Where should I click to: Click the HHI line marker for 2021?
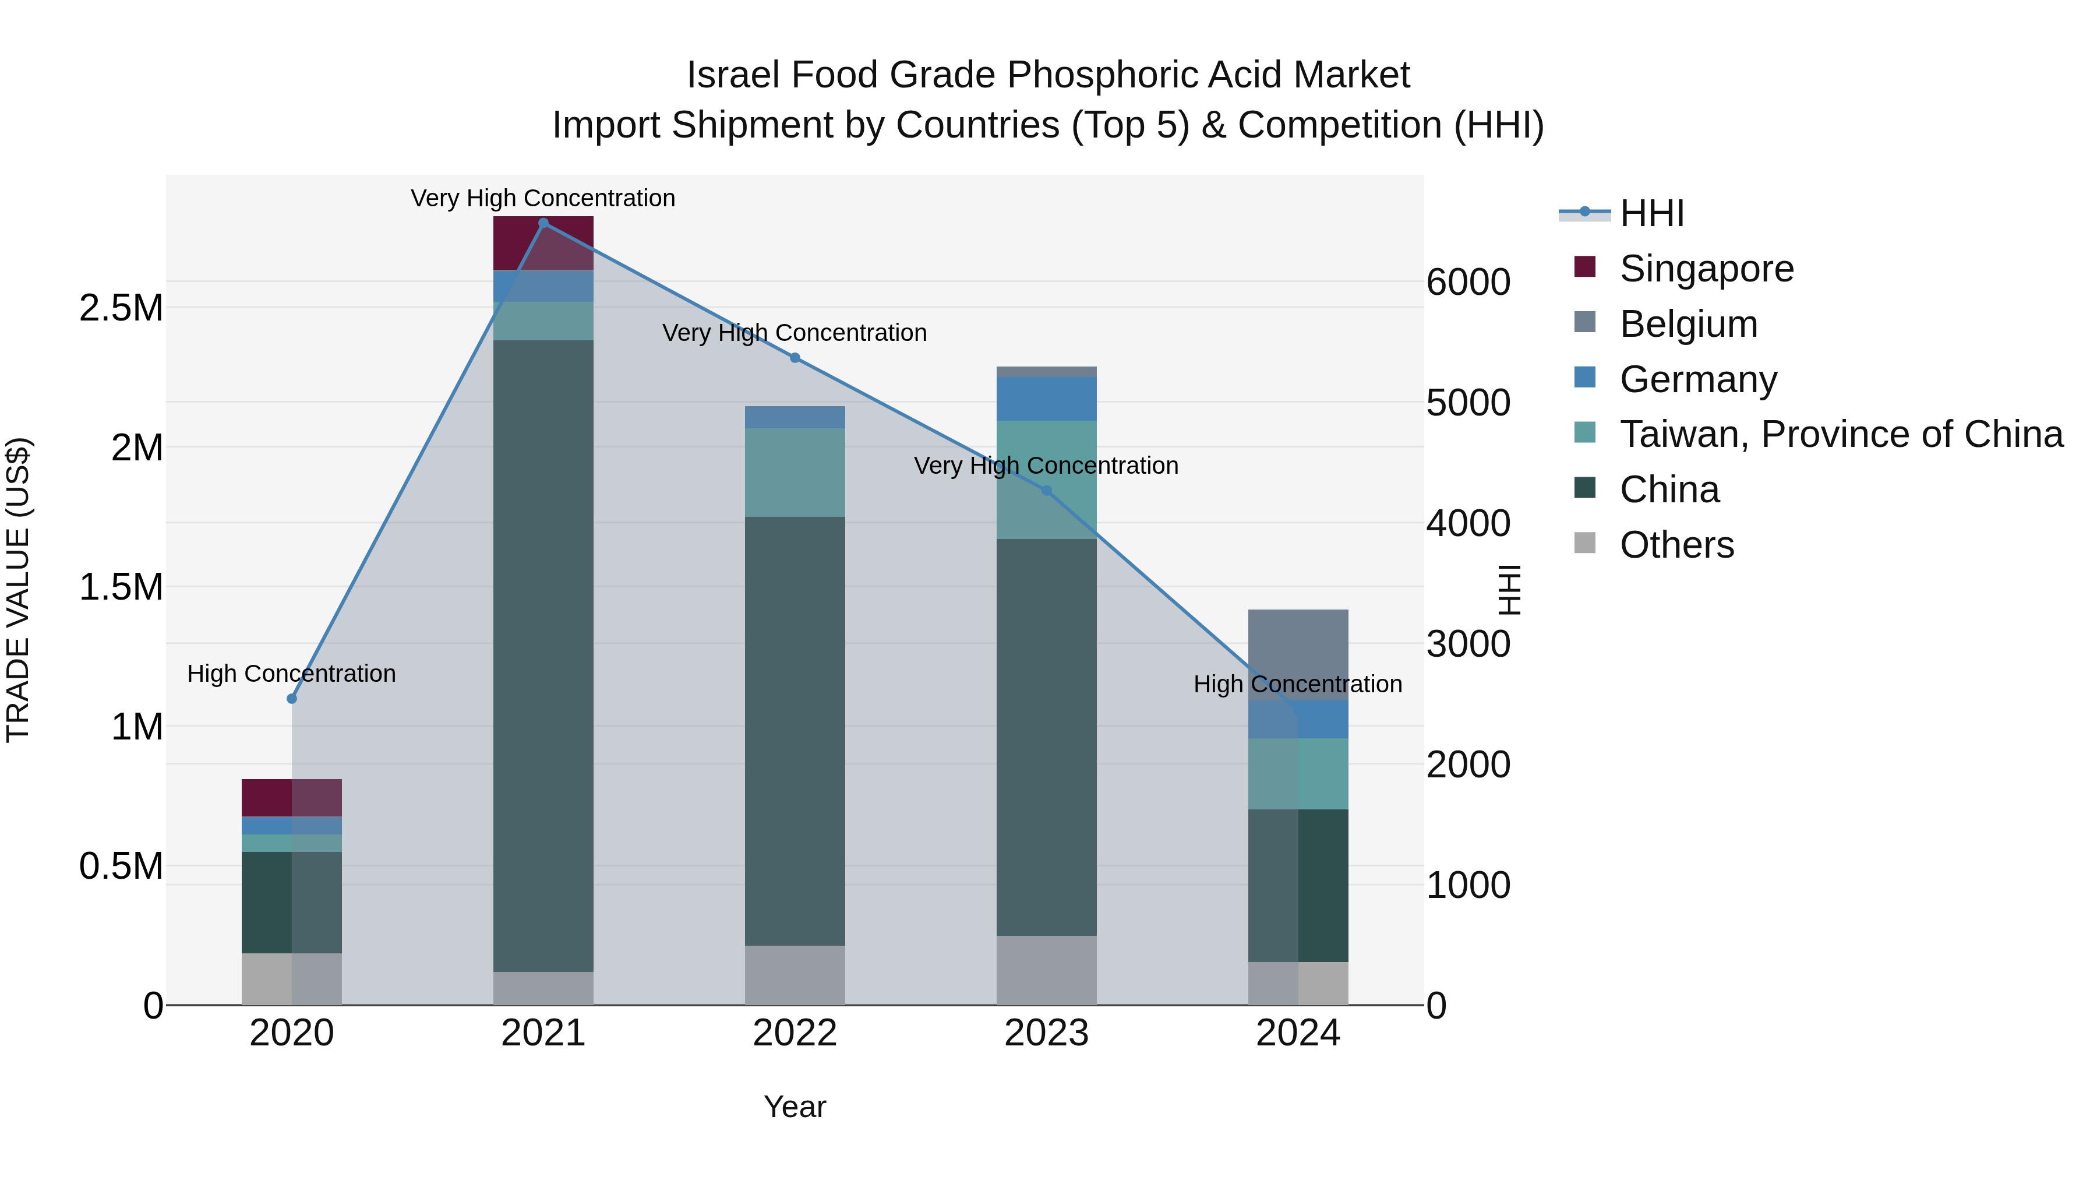coord(543,223)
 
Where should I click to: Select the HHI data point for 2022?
coord(795,358)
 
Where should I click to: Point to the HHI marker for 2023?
coord(1047,490)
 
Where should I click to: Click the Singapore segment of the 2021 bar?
coord(543,242)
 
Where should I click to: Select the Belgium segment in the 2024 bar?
coord(1298,654)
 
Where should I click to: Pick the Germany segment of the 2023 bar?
coord(1047,398)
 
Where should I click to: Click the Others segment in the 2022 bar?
coord(795,975)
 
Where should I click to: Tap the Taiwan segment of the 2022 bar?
coord(795,473)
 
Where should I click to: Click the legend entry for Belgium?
coord(1688,324)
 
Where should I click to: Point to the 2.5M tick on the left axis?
coord(121,308)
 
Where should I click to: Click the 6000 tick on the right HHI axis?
coord(1468,282)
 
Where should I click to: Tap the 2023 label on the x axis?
coord(1047,1033)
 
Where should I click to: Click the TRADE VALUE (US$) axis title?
coord(18,590)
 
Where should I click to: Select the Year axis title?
coord(795,1107)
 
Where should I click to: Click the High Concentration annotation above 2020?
coord(291,674)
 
